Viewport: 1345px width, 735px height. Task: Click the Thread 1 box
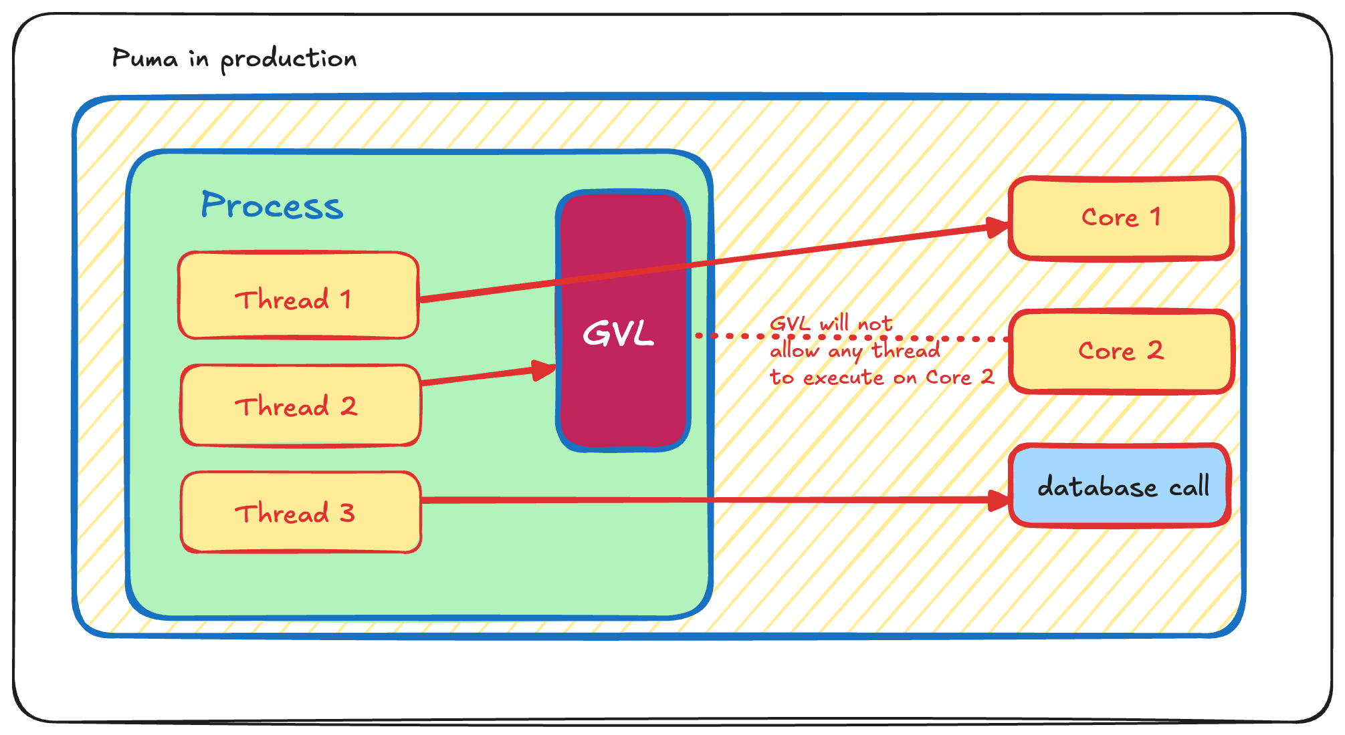[298, 295]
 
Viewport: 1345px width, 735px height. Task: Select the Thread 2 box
[300, 406]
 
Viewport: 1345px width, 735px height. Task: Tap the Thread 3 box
[300, 512]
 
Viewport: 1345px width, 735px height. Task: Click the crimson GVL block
[623, 401]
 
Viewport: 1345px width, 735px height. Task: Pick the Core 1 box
[1120, 218]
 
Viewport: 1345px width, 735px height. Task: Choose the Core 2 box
[1120, 351]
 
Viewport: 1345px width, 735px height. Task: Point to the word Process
[272, 205]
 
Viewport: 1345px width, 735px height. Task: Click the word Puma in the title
[144, 58]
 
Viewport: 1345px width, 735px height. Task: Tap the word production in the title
[288, 59]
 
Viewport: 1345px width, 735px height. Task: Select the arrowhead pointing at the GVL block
[543, 370]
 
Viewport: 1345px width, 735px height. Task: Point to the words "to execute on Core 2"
[881, 378]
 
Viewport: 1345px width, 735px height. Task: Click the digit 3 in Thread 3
[346, 513]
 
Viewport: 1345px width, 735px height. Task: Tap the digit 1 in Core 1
[1155, 216]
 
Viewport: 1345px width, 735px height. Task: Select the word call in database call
[1188, 486]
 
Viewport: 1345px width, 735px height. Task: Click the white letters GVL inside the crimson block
[618, 333]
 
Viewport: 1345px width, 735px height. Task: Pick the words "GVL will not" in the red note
[831, 324]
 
